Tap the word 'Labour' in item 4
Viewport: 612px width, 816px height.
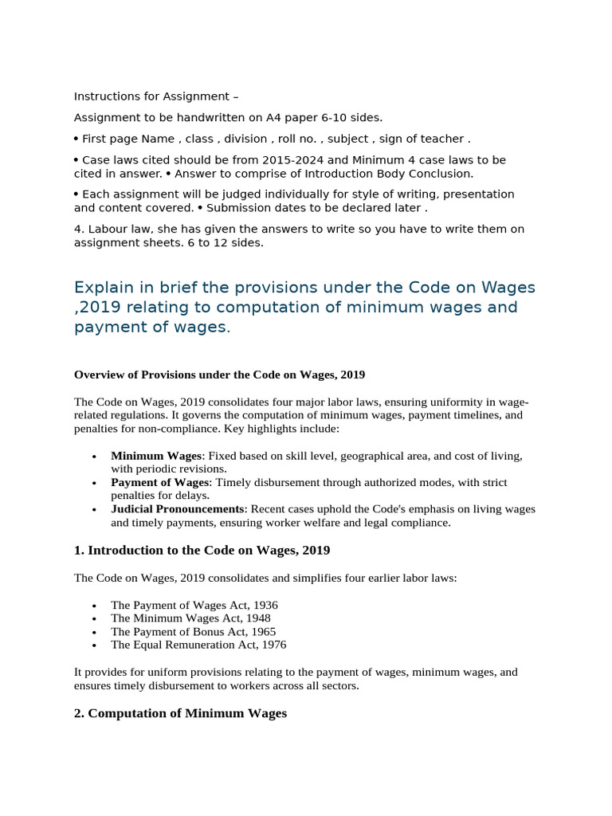105,229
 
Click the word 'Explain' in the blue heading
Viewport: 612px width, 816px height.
103,287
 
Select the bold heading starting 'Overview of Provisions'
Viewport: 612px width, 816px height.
219,375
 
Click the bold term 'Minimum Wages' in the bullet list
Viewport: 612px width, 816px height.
156,456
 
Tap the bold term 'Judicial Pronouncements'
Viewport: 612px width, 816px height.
177,508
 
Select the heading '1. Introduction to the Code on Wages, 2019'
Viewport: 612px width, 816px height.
202,551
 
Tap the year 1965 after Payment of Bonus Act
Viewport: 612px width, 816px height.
261,631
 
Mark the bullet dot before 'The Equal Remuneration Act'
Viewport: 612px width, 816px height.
95,645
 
